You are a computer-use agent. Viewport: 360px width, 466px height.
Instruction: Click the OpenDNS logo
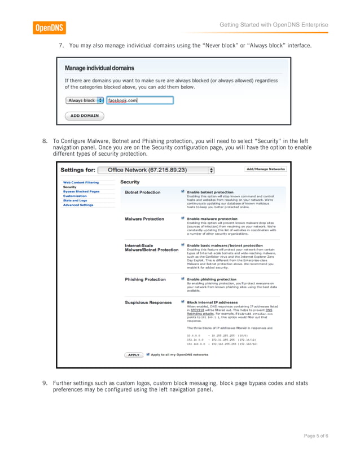coord(49,27)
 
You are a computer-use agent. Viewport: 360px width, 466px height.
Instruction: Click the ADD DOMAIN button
coord(84,116)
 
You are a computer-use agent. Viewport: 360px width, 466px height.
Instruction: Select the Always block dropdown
coord(85,100)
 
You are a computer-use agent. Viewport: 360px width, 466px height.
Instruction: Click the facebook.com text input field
coord(140,100)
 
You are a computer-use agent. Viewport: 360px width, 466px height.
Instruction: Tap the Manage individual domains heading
coord(99,68)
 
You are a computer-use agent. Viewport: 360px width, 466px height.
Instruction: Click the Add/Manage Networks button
coord(266,169)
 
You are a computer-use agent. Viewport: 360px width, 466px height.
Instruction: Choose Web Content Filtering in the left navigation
coord(81,182)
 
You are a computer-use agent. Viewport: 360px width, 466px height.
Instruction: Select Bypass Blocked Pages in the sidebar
coord(81,191)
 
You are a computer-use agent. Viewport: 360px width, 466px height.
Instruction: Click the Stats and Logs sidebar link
coord(75,200)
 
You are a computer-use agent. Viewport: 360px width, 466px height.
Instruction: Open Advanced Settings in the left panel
coord(78,205)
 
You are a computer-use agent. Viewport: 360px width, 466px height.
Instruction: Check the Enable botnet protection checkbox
coord(183,192)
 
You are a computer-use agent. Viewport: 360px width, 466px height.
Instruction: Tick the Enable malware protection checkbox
coord(183,218)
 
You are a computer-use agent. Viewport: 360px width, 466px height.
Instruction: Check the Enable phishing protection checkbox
coord(183,279)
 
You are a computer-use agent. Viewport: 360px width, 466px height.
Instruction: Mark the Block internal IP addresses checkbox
coord(183,302)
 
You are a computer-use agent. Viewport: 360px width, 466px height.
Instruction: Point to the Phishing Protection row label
coord(145,279)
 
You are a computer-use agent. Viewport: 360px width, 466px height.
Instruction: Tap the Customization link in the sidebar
coord(74,196)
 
